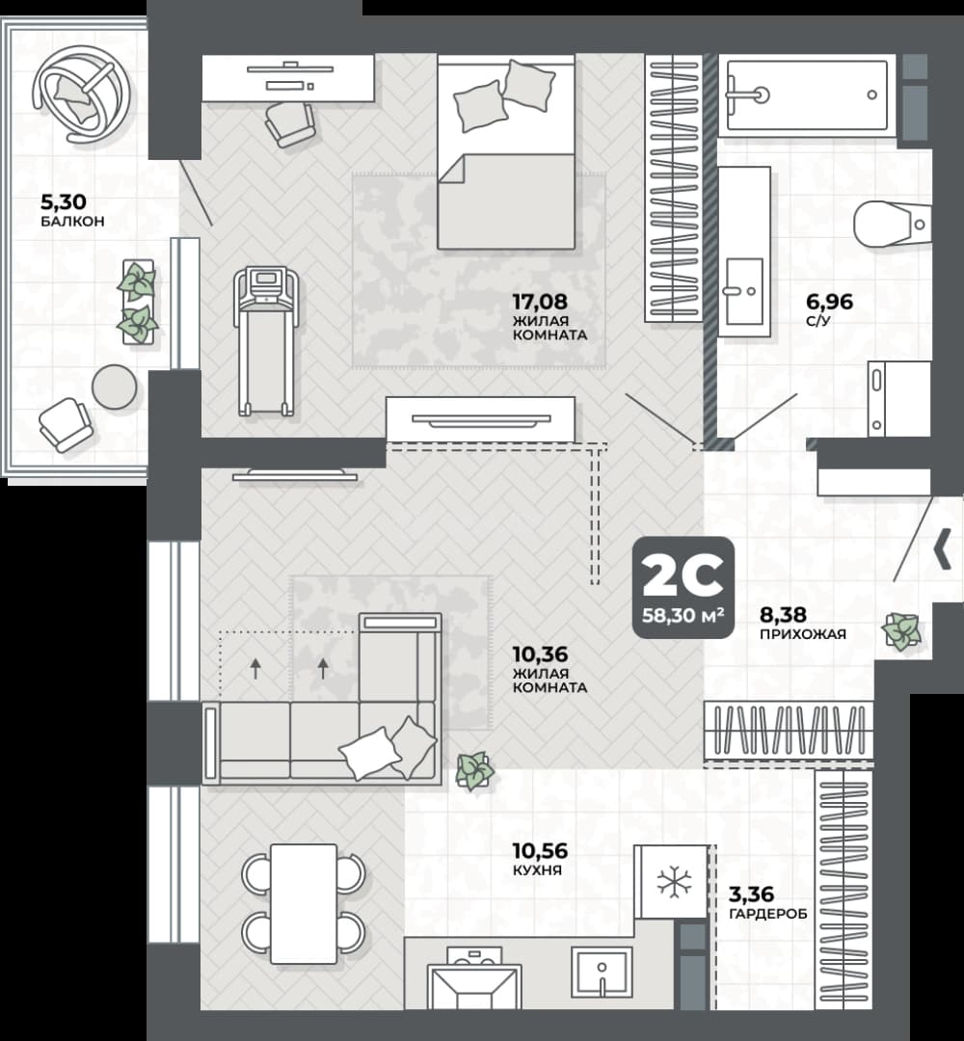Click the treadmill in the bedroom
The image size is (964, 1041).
tap(265, 341)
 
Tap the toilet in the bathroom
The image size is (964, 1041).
tap(891, 224)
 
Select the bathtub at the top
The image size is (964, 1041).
tap(807, 95)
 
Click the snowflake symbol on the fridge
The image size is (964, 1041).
tap(673, 882)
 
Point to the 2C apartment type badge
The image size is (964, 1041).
tap(683, 588)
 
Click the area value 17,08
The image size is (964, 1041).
tap(540, 302)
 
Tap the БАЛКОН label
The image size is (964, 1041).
tap(72, 222)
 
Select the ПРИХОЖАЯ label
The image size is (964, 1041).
tap(803, 634)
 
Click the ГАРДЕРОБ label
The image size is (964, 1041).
tap(768, 914)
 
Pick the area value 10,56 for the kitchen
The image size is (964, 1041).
tap(540, 850)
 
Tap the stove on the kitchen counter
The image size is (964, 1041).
tap(473, 977)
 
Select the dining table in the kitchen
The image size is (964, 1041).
tap(304, 903)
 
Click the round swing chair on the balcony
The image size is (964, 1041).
tap(82, 93)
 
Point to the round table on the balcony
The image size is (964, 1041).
tap(114, 387)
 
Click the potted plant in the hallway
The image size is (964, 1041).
tap(901, 630)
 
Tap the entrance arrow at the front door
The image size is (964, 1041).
tap(943, 550)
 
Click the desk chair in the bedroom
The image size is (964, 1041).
tap(289, 124)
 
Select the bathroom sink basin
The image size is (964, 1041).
tap(744, 291)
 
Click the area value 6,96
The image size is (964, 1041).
tap(829, 302)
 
